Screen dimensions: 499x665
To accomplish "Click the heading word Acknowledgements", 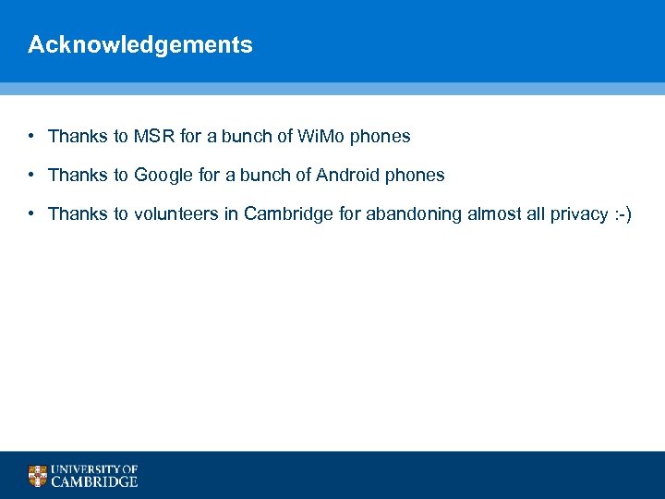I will point(139,44).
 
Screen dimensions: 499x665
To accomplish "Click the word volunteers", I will point(178,214).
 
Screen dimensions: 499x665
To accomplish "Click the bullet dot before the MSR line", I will point(31,137).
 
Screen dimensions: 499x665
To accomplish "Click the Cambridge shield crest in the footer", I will point(37,476).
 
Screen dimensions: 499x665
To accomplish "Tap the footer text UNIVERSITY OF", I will point(94,469).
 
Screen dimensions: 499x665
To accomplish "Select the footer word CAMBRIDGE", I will point(94,481).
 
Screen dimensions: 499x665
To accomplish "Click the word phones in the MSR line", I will point(380,137).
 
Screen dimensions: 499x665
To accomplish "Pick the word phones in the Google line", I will point(414,176).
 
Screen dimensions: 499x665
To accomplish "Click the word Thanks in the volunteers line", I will point(79,214).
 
